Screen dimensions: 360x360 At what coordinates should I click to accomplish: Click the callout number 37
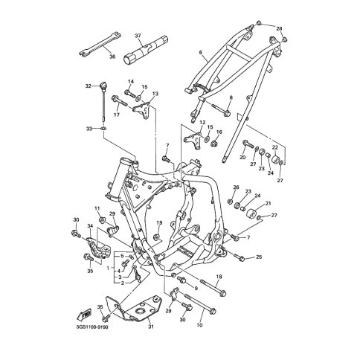pos(138,36)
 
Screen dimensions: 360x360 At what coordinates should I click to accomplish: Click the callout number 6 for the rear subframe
pos(201,52)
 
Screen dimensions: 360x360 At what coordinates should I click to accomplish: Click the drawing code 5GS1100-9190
pos(92,327)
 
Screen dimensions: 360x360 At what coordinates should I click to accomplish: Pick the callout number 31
pos(151,327)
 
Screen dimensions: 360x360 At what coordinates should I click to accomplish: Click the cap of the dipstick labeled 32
pos(103,85)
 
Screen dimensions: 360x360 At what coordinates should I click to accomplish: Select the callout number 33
pos(89,129)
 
